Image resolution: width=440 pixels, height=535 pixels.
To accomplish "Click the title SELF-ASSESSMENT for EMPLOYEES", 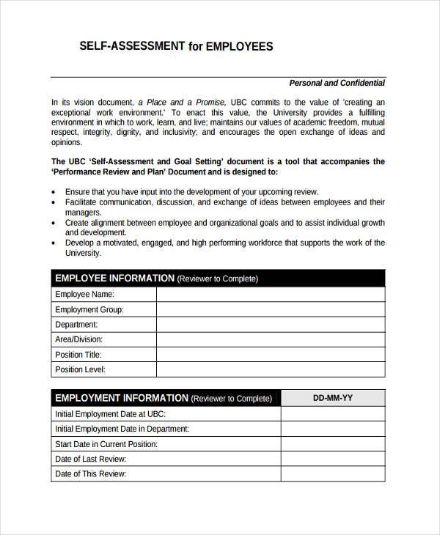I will tap(176, 46).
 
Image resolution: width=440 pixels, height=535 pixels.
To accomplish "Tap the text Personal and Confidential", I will tap(337, 83).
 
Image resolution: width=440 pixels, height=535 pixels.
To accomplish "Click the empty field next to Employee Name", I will tap(270, 294).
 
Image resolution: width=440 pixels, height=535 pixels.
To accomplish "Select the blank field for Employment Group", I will tap(270, 309).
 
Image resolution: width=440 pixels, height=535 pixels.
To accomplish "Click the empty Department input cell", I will tap(270, 325).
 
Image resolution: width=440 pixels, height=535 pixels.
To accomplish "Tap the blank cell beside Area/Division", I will tap(270, 339).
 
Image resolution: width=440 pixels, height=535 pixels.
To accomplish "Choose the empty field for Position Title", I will tap(270, 355).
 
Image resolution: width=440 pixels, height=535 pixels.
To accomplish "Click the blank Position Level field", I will tap(270, 370).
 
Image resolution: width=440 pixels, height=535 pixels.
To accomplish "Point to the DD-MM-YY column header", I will tap(333, 398).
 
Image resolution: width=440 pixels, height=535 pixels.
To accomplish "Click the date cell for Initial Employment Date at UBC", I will tap(333, 413).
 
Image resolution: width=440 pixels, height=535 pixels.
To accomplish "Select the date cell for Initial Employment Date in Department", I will tap(333, 429).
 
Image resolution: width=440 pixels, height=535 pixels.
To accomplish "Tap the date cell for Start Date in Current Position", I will tap(333, 444).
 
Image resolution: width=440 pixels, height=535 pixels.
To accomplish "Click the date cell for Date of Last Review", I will tap(333, 459).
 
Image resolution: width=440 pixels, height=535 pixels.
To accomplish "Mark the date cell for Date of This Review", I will tap(333, 474).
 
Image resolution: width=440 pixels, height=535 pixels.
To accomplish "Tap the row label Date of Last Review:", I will tap(91, 459).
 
